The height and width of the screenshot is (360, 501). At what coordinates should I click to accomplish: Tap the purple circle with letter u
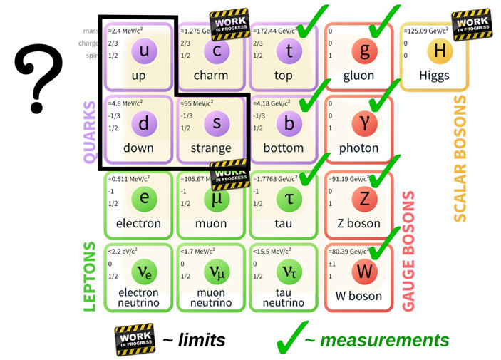[144, 50]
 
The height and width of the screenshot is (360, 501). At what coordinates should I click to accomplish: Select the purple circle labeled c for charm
[217, 51]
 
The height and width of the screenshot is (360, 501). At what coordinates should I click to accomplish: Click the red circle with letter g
[364, 51]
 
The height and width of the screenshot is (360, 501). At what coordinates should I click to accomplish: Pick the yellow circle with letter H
[439, 50]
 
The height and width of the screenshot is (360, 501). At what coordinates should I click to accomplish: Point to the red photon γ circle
[364, 124]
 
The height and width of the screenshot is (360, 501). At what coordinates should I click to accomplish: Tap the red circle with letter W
[364, 272]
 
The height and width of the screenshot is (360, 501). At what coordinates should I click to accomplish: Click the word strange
[211, 148]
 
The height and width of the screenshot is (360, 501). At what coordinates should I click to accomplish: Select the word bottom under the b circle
[283, 148]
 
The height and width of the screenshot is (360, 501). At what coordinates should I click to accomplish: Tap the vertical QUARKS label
[90, 132]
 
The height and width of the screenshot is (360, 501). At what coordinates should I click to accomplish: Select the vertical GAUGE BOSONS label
[409, 250]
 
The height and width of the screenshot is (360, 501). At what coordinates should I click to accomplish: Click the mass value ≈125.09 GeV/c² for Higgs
[426, 31]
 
